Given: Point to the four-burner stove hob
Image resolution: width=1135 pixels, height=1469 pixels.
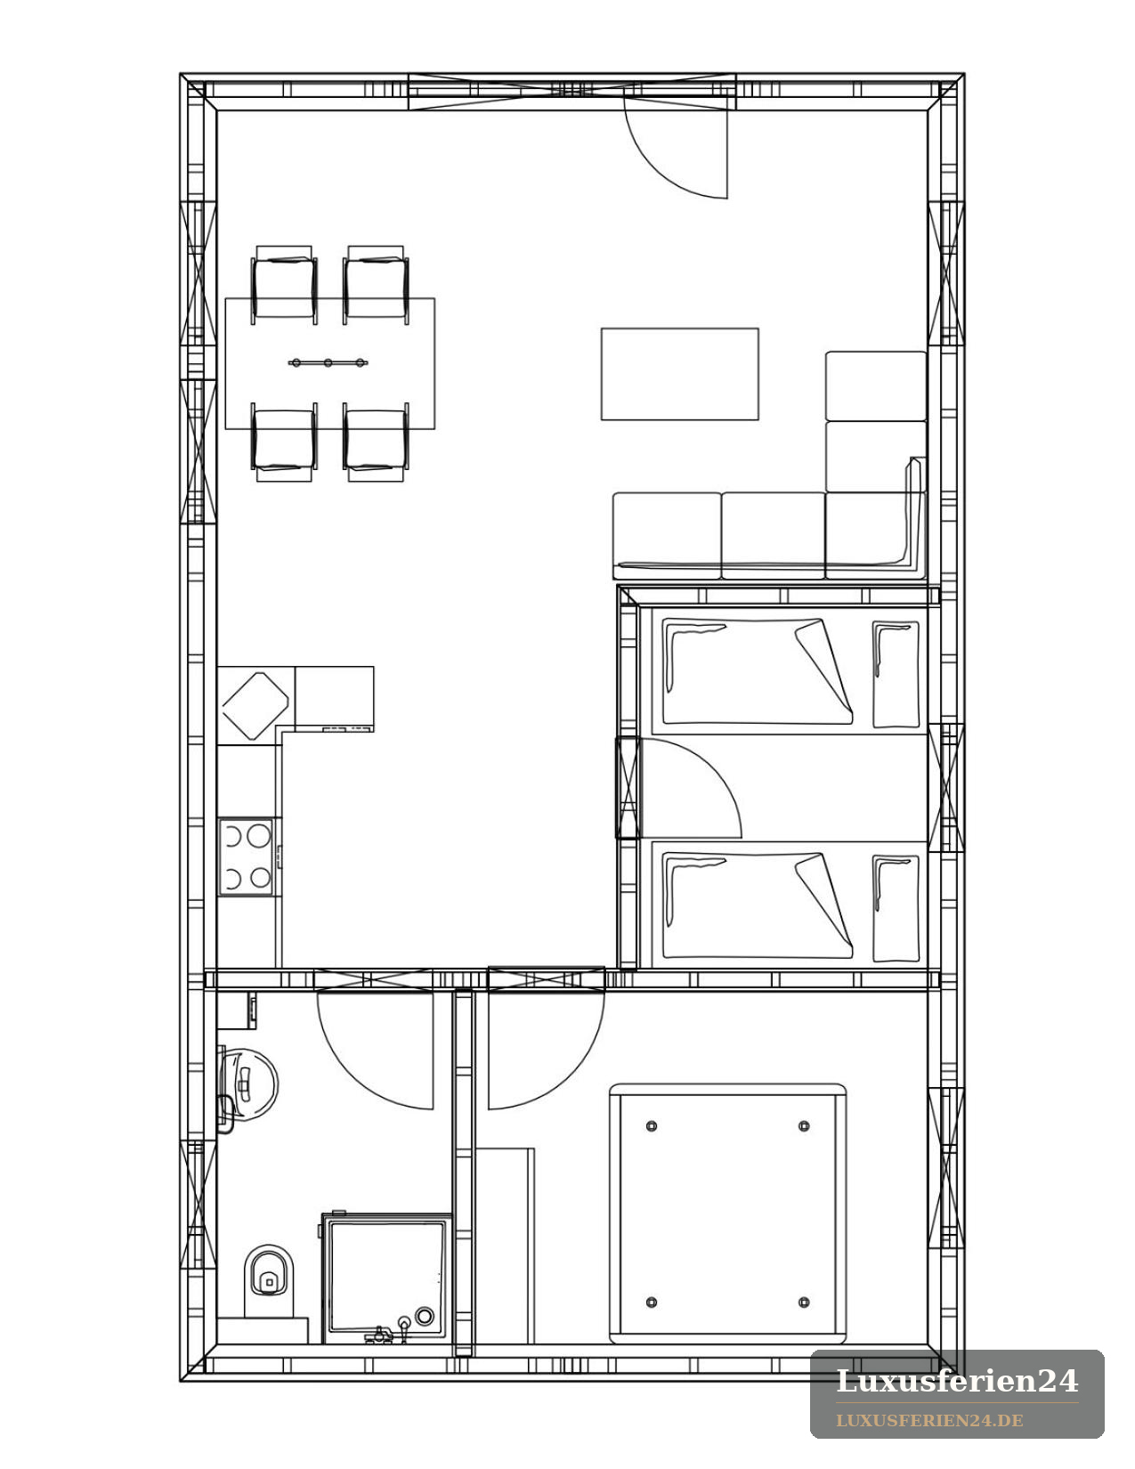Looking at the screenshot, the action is [246, 857].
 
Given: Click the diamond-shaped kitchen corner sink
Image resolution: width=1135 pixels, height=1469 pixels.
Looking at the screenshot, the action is [255, 706].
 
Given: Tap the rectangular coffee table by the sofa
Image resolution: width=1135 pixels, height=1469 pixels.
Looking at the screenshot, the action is [679, 374].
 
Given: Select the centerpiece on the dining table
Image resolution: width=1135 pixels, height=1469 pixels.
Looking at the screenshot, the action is [328, 363].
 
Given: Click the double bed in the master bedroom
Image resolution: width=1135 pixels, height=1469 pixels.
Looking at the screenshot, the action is [728, 1213].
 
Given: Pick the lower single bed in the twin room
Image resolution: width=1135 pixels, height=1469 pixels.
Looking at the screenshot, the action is [788, 905].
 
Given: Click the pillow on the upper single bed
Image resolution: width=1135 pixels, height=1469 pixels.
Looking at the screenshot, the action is [896, 674].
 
